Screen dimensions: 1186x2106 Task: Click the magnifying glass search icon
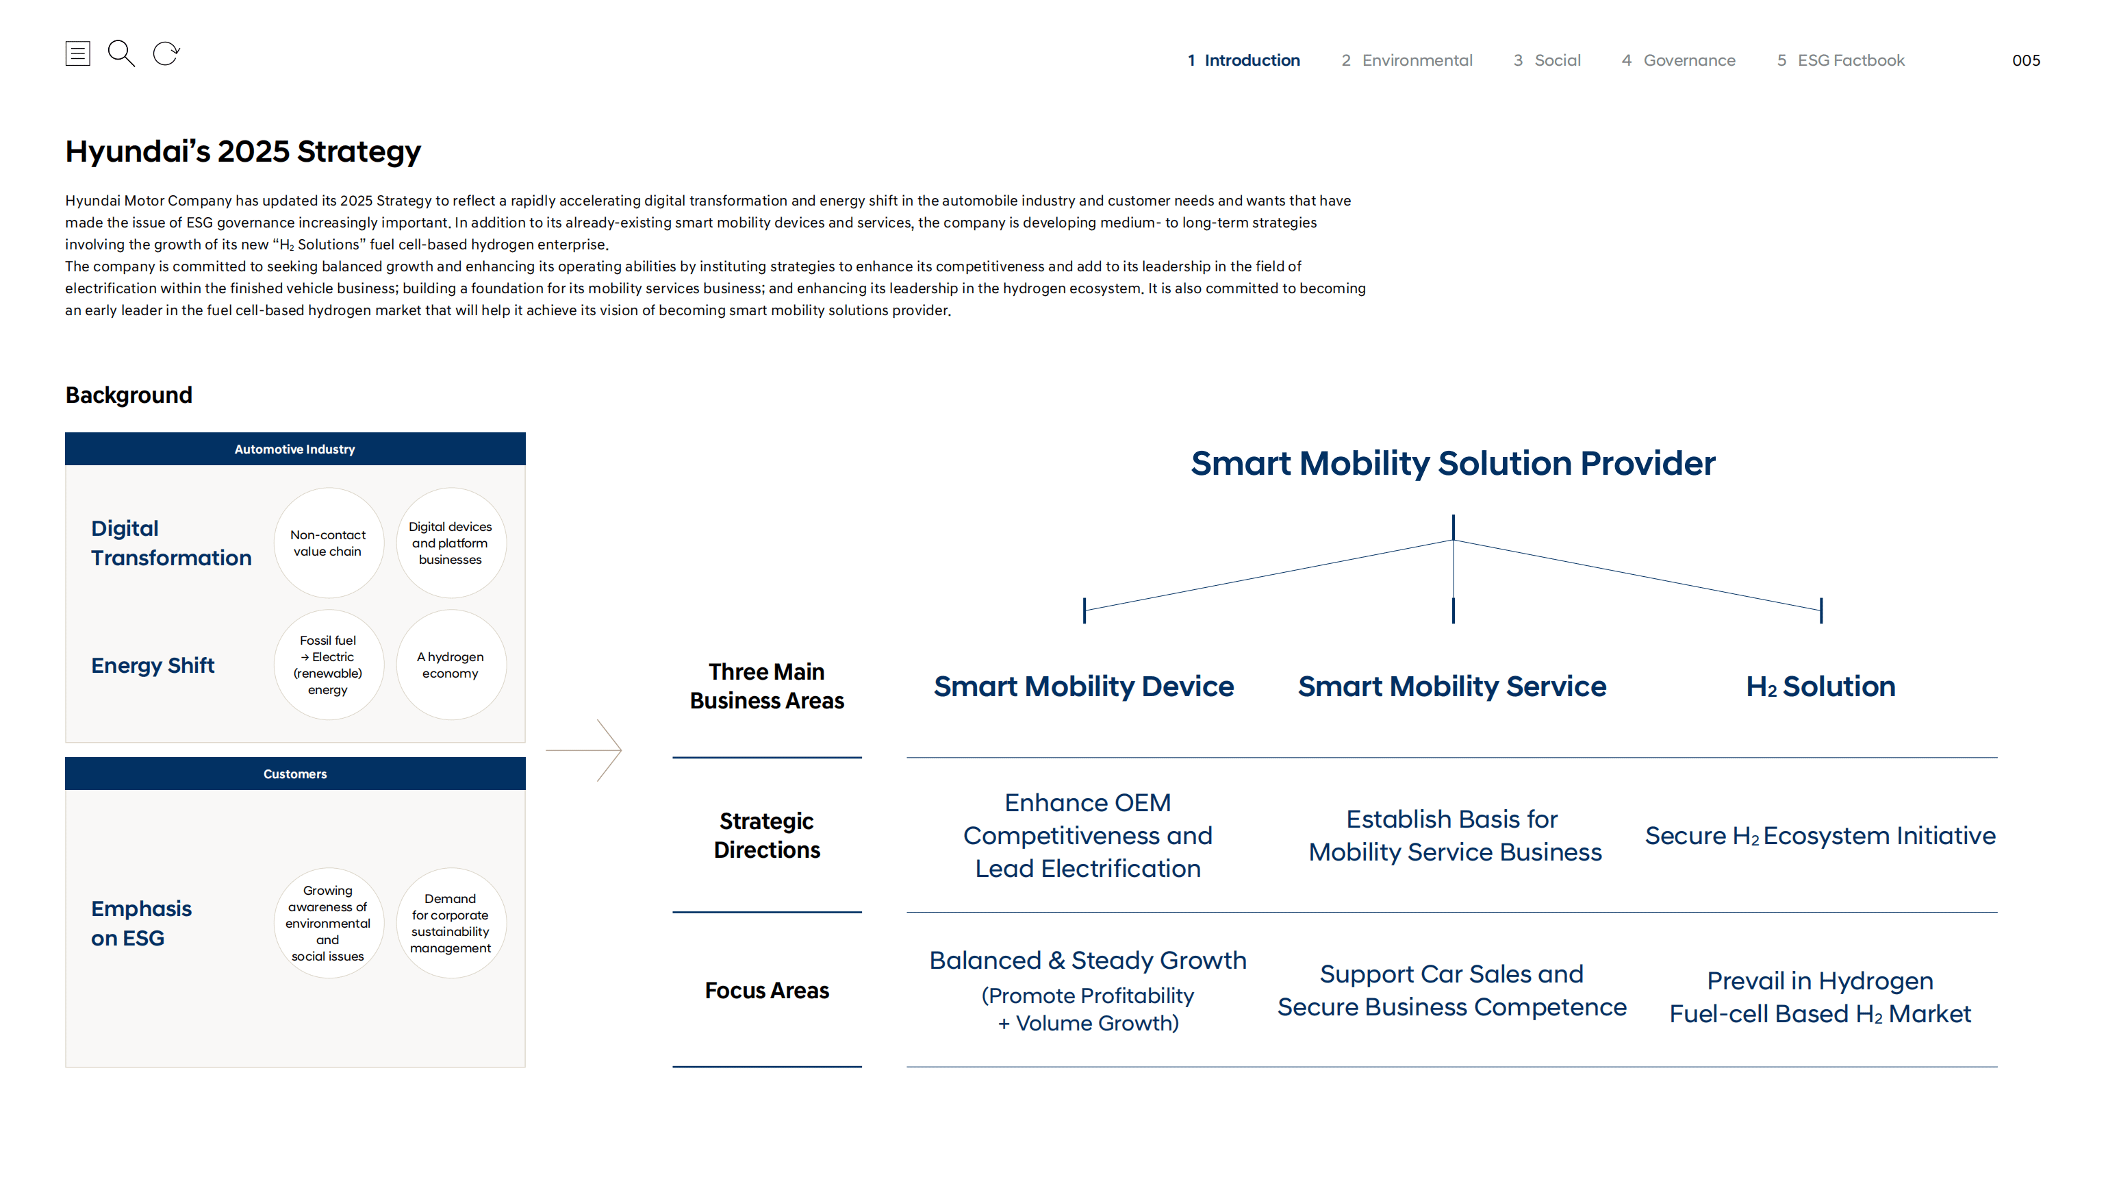121,54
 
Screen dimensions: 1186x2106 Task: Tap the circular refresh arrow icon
166,54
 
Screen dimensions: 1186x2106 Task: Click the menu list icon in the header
77,54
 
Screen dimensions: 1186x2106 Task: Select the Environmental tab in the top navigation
1406,60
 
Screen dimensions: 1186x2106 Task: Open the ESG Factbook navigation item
1840,60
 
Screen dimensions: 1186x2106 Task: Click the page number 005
2025,60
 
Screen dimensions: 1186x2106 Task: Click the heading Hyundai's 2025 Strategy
243,151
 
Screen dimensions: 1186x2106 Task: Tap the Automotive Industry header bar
294,449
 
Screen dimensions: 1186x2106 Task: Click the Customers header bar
294,774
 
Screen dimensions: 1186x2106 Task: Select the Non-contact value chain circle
328,543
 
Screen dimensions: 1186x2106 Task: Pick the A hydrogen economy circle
451,665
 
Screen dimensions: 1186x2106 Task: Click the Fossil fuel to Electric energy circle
328,665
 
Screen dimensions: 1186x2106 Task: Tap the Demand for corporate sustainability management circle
451,923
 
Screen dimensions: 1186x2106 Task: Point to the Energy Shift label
153,666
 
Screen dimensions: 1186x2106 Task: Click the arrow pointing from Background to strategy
585,750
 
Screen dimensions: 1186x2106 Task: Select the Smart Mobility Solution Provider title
1452,463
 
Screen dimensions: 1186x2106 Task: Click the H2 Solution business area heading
1820,687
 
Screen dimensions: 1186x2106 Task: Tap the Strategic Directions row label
766,835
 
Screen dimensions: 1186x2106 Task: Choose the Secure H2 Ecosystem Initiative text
1820,836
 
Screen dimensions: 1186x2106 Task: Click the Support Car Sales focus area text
1452,991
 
